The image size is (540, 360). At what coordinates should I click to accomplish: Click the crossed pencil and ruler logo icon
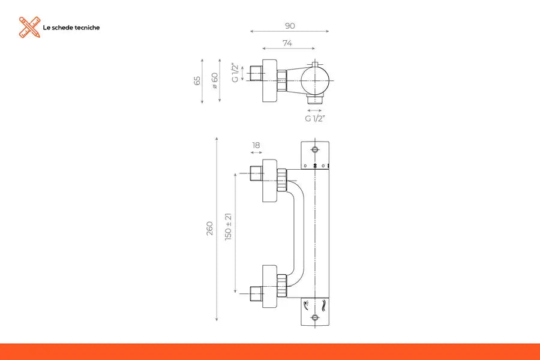tap(29, 28)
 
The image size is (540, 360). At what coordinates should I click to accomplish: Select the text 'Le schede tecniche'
tap(71, 28)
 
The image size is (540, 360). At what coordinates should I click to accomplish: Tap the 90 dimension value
tap(290, 26)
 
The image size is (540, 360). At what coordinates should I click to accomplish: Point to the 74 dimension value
tap(288, 43)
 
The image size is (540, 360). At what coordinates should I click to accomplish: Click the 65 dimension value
tap(197, 80)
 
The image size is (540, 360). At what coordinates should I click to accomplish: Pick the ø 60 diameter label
tap(215, 80)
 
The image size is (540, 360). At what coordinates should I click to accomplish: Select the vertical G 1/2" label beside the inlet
tap(236, 73)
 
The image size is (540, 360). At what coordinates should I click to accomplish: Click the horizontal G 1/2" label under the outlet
tap(314, 118)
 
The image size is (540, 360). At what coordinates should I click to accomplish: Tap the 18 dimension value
tap(256, 145)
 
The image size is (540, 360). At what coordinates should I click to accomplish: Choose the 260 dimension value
tap(209, 228)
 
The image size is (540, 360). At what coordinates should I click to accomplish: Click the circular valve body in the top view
tap(315, 80)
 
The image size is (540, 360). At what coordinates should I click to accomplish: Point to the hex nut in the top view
tap(281, 78)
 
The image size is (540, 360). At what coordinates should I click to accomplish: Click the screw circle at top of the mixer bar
tap(314, 148)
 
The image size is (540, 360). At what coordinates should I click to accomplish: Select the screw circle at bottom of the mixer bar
tap(314, 317)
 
